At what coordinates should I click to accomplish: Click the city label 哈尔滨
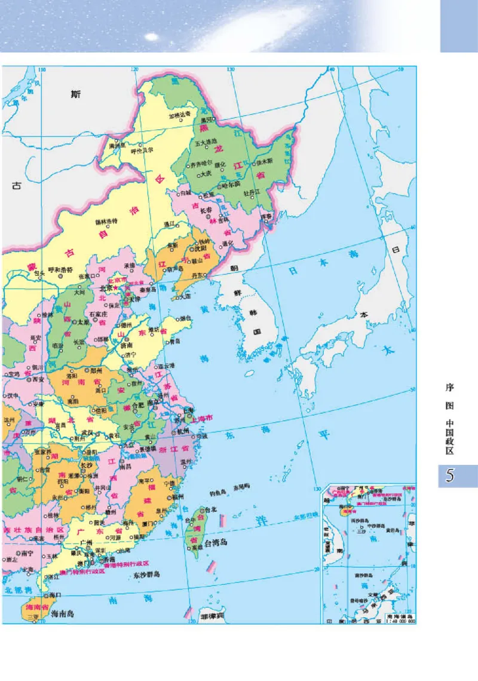[231, 185]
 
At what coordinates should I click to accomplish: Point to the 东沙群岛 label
[147, 574]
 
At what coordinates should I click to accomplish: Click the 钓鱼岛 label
[217, 493]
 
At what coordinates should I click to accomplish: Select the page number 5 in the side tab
[451, 476]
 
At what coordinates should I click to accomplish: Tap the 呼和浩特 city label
[59, 269]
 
